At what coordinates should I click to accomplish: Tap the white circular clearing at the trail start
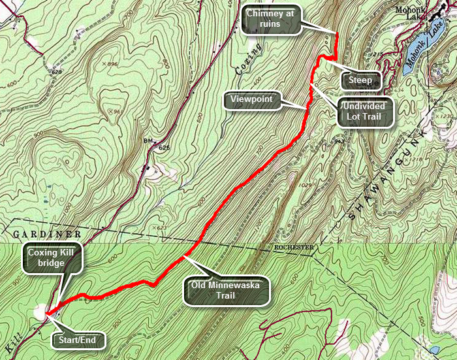tap(40, 312)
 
